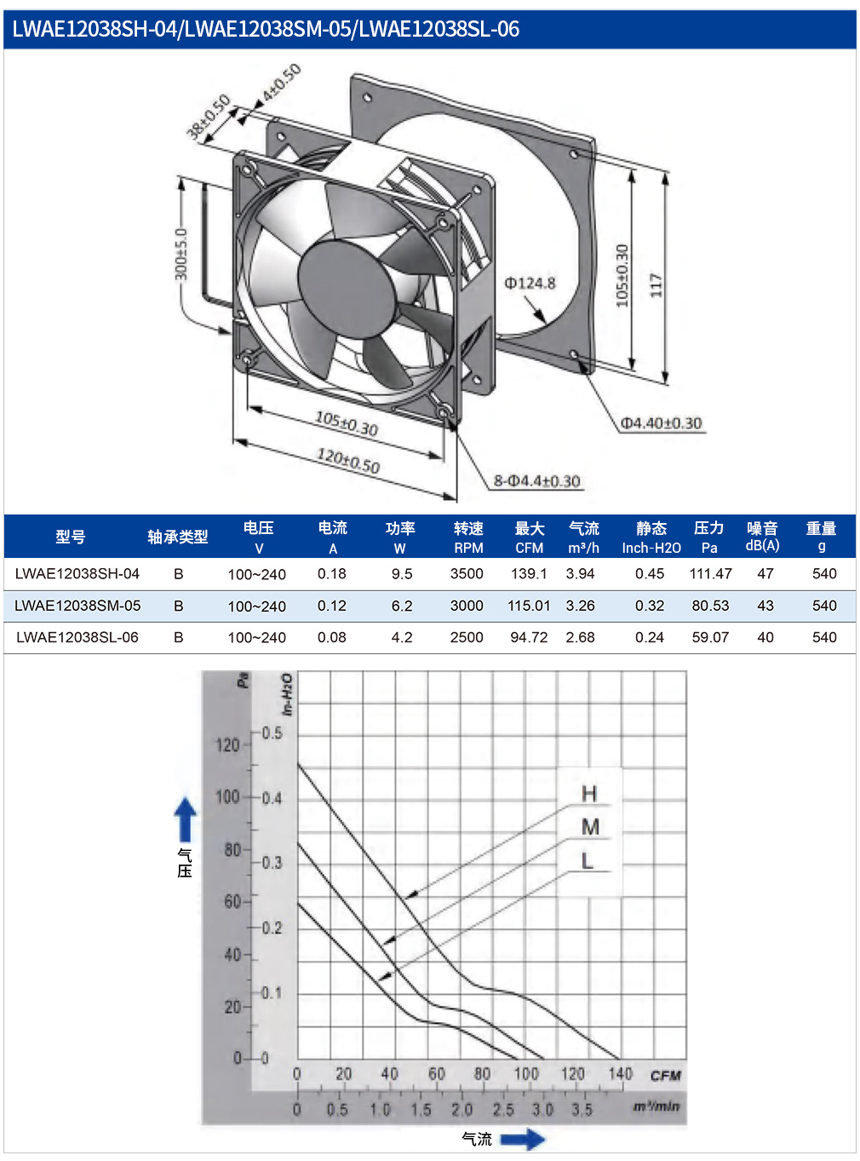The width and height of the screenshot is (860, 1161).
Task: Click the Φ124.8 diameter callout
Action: pyautogui.click(x=529, y=283)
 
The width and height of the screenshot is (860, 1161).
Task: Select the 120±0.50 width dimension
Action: pyautogui.click(x=347, y=461)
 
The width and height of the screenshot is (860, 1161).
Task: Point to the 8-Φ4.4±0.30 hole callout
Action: pyautogui.click(x=536, y=481)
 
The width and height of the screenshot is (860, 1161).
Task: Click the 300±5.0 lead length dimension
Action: pyautogui.click(x=181, y=254)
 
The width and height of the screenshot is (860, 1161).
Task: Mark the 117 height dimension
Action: pyautogui.click(x=656, y=285)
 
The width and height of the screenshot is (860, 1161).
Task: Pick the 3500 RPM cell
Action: pyautogui.click(x=467, y=574)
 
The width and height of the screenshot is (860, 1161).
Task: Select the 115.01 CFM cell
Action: pyautogui.click(x=528, y=606)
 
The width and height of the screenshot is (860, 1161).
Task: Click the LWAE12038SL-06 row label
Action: pyautogui.click(x=77, y=637)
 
